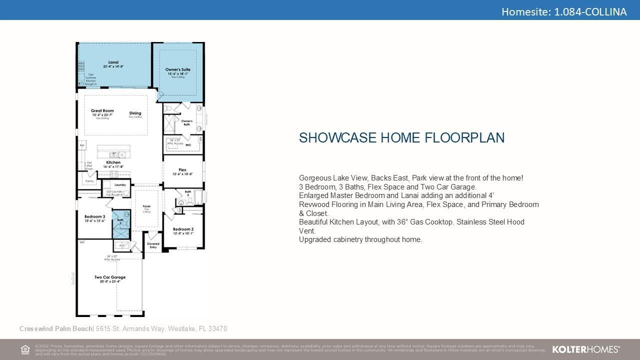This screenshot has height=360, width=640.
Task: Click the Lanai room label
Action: tap(113, 62)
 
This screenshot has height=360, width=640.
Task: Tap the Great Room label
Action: tap(102, 111)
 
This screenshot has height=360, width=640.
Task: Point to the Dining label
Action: tap(135, 113)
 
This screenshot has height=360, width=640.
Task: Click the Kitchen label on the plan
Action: tap(113, 162)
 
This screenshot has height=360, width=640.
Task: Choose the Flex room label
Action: tap(182, 170)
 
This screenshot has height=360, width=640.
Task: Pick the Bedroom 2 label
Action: tap(183, 229)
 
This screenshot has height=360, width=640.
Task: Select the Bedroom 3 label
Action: tap(94, 216)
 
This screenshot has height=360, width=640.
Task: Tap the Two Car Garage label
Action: tap(110, 277)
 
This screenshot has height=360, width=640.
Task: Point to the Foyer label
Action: tap(146, 206)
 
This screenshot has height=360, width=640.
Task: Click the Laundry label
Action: tap(120, 185)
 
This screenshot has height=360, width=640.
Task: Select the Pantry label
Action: tap(89, 181)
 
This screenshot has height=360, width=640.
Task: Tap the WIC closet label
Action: tap(188, 145)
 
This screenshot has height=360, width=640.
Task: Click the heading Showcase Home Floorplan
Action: tap(401, 138)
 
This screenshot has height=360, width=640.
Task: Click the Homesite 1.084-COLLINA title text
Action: tap(563, 11)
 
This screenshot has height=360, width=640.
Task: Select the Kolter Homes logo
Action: tap(585, 349)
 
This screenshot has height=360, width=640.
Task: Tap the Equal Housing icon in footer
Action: tap(25, 349)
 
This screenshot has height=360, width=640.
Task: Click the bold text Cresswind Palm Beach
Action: tap(56, 328)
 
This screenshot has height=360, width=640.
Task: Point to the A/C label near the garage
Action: tap(120, 245)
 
